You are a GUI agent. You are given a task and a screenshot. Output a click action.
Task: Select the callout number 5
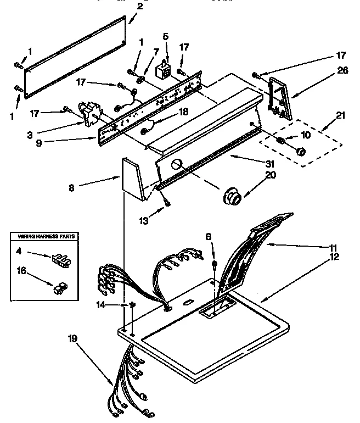166,37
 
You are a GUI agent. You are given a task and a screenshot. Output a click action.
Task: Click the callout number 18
184,112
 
